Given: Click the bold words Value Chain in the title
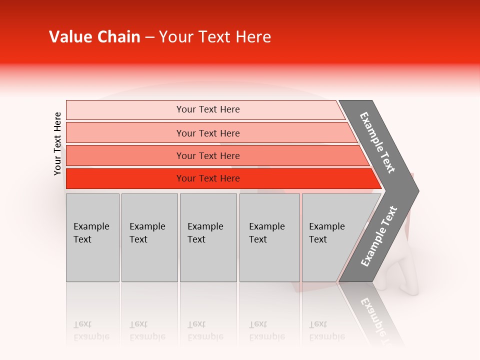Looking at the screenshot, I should click(94, 37).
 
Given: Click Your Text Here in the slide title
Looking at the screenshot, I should click(215, 37).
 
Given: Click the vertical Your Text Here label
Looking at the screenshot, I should click(57, 143).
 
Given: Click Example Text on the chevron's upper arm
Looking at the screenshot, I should click(377, 142).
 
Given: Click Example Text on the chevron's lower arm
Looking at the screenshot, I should click(379, 236).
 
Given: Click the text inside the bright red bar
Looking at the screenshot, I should click(208, 178).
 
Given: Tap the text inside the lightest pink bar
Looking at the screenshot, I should click(208, 109).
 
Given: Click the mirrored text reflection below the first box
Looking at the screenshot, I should click(91, 330).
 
